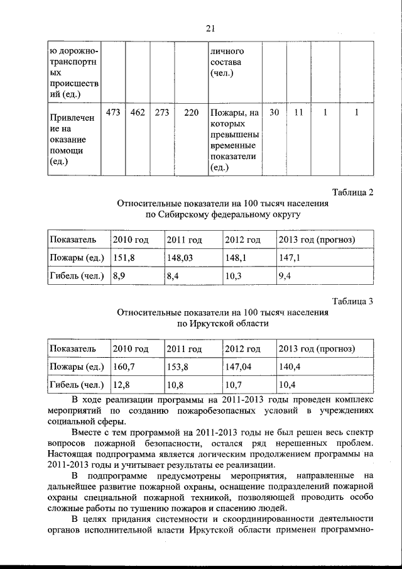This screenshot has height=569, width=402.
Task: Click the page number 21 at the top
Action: [x=210, y=27]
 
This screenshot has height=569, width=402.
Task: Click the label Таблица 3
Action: [x=352, y=301]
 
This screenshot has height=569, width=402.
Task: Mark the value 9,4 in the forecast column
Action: [x=285, y=275]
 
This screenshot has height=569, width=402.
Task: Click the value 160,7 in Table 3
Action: [x=124, y=366]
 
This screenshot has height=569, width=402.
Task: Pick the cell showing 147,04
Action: [x=239, y=366]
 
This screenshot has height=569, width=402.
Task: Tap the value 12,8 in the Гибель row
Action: [x=122, y=384]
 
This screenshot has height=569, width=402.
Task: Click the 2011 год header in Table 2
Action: [x=184, y=240]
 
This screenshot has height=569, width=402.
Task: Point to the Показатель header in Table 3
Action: [x=73, y=348]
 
